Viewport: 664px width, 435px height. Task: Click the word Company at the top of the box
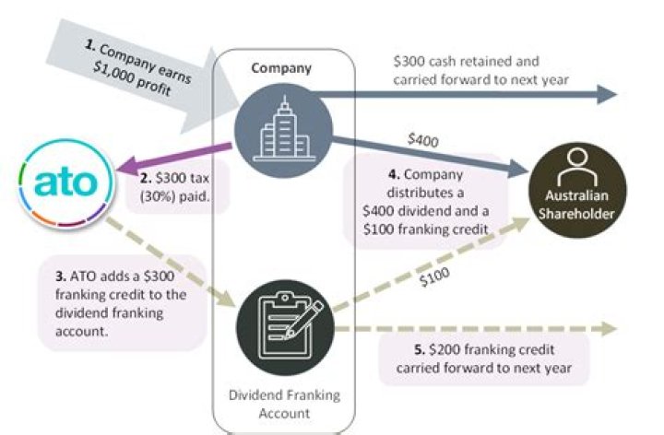[281, 69]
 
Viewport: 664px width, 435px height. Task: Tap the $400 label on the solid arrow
[423, 140]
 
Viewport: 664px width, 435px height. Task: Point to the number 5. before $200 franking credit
[420, 351]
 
